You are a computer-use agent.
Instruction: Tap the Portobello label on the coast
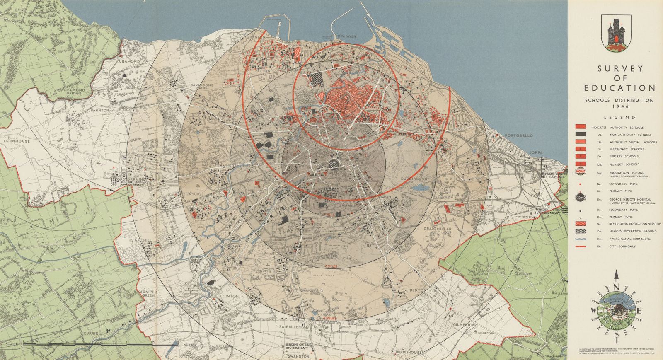pos(519,135)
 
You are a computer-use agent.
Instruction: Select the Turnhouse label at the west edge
pos(17,141)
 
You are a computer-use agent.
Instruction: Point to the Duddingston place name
pos(415,179)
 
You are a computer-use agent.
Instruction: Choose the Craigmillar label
pos(437,229)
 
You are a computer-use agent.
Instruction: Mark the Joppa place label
pos(536,152)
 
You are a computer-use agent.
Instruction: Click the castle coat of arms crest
pos(616,33)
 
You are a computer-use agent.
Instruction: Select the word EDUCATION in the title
pos(620,88)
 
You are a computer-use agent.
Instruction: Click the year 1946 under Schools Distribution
pos(619,106)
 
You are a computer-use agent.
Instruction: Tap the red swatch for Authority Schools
pos(580,127)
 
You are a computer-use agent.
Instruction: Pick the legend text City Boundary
pos(621,247)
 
